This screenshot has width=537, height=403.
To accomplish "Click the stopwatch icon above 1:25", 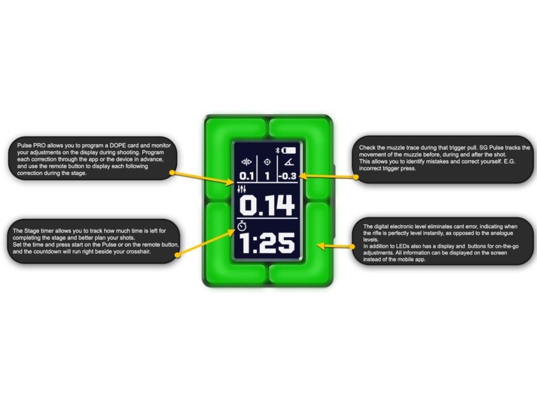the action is pos(242,226).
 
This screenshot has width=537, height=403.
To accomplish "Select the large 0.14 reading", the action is pos(267,206).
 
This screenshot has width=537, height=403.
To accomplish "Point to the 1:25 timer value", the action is pos(267,244).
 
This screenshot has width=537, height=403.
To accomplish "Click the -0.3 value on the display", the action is pos(287,176).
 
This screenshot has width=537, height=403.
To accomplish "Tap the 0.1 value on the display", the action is pos(246,176).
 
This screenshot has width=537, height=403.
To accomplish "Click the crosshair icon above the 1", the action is pos(267,163).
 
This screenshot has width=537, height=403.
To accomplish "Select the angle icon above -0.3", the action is pos(288,163).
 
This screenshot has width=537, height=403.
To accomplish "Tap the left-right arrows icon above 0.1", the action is pos(246,163).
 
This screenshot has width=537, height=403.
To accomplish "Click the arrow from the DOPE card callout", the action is pos(205,178).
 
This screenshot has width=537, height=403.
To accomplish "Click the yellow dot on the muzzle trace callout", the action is pos(357,177).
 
